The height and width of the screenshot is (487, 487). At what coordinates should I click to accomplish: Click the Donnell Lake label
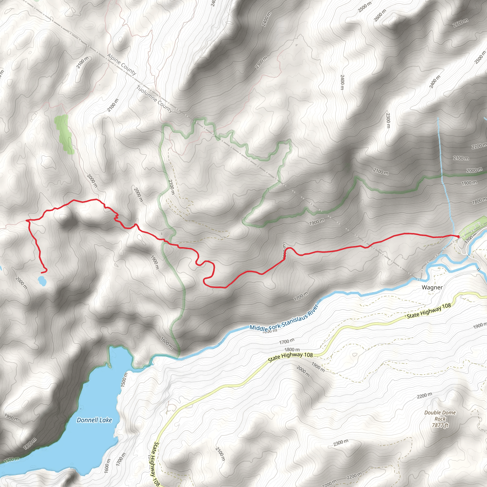[94, 420]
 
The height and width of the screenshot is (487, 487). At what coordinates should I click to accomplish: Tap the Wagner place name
[432, 287]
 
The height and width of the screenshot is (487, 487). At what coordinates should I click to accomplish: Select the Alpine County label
[122, 64]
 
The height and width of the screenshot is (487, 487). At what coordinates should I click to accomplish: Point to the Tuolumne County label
[155, 99]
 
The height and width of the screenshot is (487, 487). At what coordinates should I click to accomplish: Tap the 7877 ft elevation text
[440, 425]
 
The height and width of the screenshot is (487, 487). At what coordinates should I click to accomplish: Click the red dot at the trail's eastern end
[458, 236]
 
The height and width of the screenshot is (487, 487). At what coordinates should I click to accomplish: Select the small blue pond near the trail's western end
[42, 280]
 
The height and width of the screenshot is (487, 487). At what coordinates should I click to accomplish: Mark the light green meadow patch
[64, 134]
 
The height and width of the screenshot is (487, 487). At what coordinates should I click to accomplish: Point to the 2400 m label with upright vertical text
[342, 82]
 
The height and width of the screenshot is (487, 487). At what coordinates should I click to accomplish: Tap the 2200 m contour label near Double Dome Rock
[424, 395]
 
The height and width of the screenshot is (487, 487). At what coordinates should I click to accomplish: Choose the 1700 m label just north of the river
[301, 296]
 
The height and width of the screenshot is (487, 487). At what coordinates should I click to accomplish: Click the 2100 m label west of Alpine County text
[83, 63]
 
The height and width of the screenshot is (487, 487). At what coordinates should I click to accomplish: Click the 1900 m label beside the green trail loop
[317, 222]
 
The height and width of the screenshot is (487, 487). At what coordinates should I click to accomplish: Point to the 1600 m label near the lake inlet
[167, 343]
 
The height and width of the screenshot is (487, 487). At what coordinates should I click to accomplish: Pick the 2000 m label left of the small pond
[21, 283]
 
